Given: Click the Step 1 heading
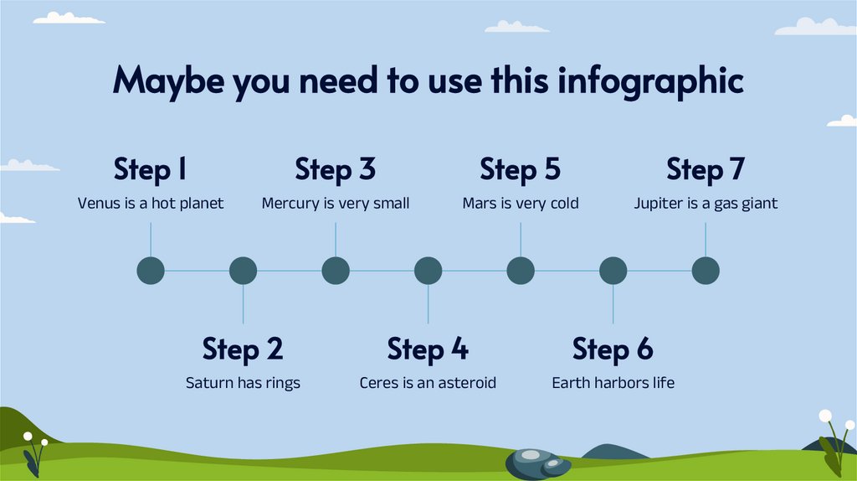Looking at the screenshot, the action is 151,169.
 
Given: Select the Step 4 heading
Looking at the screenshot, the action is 428,349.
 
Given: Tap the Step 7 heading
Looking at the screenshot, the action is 706,169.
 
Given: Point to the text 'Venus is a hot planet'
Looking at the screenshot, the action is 151,203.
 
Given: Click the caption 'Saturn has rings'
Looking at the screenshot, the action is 244,382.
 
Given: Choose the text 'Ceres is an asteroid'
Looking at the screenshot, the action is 428,382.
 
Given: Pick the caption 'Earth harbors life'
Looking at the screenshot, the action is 613,382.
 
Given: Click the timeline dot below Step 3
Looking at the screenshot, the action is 336,271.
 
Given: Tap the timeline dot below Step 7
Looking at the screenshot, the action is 706,271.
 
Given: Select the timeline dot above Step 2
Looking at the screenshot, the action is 244,271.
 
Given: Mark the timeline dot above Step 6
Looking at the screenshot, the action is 613,271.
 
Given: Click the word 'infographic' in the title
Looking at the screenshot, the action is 650,81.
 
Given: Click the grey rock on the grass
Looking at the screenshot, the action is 538,464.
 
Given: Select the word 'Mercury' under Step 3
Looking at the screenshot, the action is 290,204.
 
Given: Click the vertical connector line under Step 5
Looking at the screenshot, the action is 521,240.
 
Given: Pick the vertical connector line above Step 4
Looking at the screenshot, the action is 428,304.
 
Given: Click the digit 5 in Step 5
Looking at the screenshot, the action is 552,169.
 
